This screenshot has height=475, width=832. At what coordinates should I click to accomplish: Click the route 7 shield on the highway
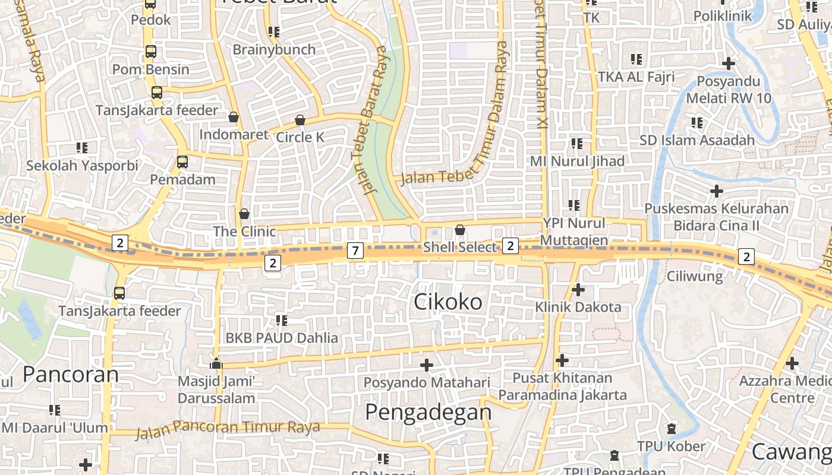pos(355,251)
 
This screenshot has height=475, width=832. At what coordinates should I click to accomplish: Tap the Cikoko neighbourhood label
pos(448,302)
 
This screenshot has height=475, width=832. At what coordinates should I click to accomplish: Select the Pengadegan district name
pos(428,411)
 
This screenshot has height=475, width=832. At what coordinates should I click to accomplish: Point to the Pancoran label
pos(71,374)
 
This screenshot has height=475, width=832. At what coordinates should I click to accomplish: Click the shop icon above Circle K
pos(300,121)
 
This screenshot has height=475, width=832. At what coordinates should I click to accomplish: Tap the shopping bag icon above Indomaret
pos(234,117)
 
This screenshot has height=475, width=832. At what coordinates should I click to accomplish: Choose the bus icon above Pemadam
pos(182,161)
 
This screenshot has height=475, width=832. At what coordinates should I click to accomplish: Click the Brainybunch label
pos(274,49)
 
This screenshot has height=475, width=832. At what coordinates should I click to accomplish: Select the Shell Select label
pos(459,247)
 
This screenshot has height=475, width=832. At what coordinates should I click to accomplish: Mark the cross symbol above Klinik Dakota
pos(578,290)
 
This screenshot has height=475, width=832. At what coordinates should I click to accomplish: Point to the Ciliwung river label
pos(694,276)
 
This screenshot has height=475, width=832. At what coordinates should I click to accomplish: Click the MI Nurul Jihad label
pos(577,161)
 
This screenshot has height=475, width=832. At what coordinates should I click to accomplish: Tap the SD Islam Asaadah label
pos(697,140)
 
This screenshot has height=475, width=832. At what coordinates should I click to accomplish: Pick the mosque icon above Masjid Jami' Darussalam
pos(216,363)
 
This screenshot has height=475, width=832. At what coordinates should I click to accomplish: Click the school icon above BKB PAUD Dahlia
pos(281,321)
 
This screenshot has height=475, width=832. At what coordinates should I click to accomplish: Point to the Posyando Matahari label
pos(427,383)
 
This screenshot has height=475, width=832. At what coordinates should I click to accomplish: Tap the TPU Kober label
pos(671,446)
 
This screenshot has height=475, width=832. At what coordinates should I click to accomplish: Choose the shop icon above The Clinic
pos(244,214)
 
